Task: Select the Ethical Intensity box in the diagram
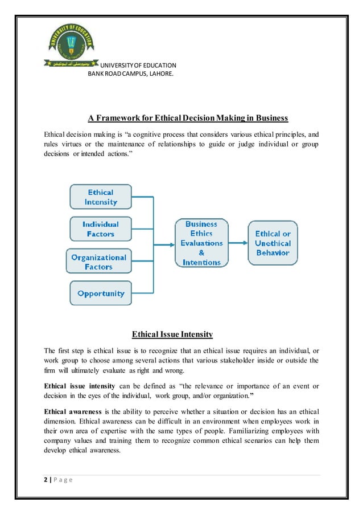(101, 197)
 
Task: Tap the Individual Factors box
(101, 229)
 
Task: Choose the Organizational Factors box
(99, 262)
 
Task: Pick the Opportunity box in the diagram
(101, 293)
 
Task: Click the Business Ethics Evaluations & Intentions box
(201, 243)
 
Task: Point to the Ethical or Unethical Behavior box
(273, 243)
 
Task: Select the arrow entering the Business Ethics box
(165, 246)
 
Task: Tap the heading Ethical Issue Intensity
(172, 334)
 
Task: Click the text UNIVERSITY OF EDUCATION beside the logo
(138, 66)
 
